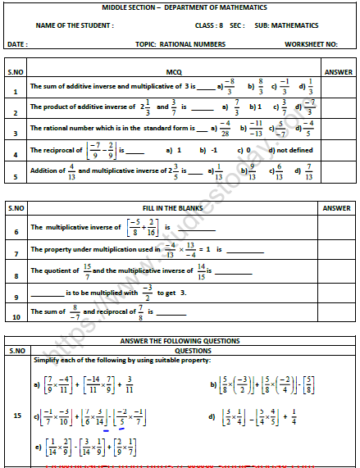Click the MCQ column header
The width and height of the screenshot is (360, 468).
tap(174, 71)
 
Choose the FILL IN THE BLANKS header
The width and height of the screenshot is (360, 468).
tap(174, 208)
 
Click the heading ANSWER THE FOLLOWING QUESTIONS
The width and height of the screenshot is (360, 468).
tap(180, 340)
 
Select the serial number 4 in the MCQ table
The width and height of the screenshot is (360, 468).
tap(15, 152)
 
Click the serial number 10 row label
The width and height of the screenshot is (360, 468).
tap(15, 316)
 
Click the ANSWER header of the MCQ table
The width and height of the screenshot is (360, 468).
tap(338, 71)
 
